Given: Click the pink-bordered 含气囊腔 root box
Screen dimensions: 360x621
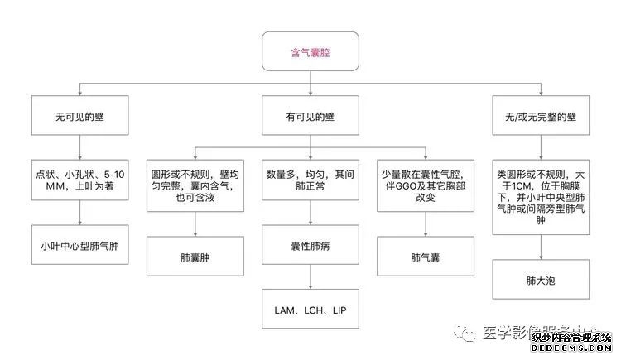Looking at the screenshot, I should click(310, 51).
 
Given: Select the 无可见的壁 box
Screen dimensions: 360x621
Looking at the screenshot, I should click(80, 117).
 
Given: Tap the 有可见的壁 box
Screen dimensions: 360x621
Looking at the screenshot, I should click(310, 117).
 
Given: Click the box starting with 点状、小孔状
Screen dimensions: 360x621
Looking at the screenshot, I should click(80, 180).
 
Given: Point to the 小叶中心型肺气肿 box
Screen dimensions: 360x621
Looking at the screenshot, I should click(80, 246).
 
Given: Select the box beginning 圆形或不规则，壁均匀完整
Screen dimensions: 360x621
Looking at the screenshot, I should click(196, 187).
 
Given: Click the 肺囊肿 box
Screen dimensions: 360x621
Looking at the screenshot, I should click(196, 256).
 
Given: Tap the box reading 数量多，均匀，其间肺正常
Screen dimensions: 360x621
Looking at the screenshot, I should click(310, 181).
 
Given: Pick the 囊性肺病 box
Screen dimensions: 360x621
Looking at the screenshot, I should click(310, 246).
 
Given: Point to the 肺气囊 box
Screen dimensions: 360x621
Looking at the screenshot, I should click(425, 256).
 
